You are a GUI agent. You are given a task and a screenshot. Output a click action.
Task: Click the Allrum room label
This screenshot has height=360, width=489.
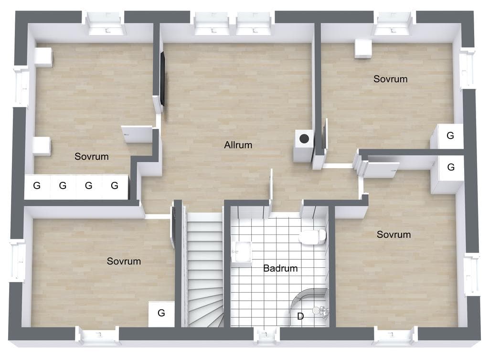[x=238, y=145]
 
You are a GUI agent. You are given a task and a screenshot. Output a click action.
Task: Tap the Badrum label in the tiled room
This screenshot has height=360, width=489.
[x=280, y=268]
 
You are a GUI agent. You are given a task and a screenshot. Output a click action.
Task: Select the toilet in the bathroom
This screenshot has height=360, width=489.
[x=312, y=237]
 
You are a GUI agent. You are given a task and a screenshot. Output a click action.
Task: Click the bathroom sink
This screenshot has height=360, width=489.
[x=241, y=252]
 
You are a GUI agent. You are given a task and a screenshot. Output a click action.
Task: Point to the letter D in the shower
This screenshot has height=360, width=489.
[x=300, y=317]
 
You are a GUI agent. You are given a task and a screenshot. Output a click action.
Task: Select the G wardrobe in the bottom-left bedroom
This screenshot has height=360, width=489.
[x=161, y=314]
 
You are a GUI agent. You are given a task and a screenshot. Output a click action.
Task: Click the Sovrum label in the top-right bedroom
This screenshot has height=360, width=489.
[x=391, y=79]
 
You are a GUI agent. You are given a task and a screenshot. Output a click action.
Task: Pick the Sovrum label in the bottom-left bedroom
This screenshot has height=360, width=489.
[x=124, y=261]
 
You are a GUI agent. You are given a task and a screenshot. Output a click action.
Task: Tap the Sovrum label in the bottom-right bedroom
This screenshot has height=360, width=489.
[x=393, y=234]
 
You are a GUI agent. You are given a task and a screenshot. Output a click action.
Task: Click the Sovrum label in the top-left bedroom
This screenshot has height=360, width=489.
[x=91, y=157]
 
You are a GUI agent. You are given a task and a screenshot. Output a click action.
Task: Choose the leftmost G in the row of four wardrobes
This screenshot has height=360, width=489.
[x=37, y=186]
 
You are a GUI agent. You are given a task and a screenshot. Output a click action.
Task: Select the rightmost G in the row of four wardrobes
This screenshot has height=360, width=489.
[x=115, y=186]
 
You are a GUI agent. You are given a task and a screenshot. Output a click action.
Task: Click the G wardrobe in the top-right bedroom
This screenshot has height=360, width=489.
[x=450, y=136]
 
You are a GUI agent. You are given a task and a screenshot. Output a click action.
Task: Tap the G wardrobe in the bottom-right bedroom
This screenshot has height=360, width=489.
[x=451, y=168]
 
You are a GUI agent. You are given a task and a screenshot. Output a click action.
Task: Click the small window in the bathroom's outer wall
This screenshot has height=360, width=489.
[x=266, y=336]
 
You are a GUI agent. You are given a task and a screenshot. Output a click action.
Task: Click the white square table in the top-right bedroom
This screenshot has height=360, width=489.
[x=363, y=48]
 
